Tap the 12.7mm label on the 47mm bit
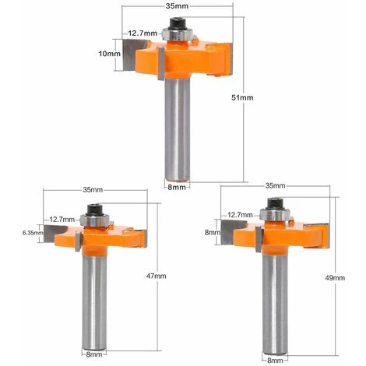pos(62,219)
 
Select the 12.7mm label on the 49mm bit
pos(239,213)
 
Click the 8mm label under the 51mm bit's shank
pos(178,188)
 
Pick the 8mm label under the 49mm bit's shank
pos(275,360)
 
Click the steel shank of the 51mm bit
pos(178,132)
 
